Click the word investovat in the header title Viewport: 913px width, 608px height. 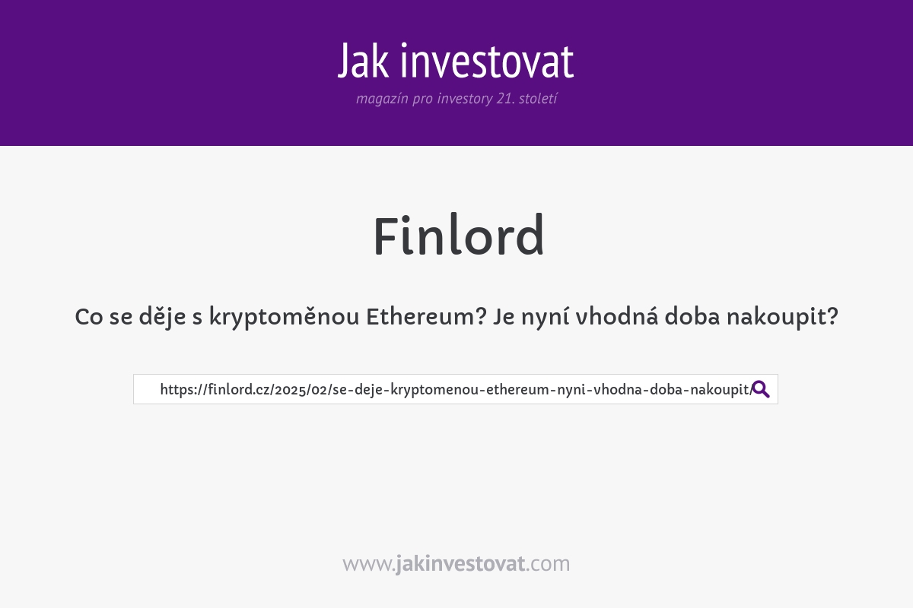coord(487,62)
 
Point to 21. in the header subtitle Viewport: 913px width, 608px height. coord(504,99)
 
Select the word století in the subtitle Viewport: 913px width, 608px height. coord(538,99)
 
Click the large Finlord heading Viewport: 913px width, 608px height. coord(458,236)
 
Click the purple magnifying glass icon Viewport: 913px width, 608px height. coord(761,389)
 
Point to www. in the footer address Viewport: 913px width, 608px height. coord(368,564)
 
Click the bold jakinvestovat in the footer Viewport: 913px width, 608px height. coord(460,564)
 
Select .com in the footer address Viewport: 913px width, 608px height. coord(548,564)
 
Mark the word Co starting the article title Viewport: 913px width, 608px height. coord(89,317)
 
